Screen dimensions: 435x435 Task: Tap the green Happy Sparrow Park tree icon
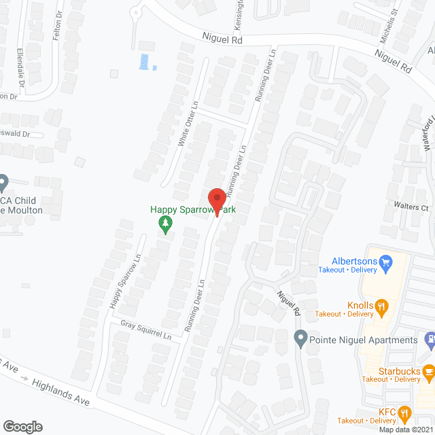[164, 222]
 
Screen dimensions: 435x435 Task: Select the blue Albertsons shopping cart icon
[386, 260]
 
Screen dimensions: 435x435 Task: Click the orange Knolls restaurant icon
[383, 305]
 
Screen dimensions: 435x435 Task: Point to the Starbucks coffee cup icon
[428, 371]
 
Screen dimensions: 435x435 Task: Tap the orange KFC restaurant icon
[404, 412]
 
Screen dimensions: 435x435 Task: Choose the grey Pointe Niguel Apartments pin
[300, 337]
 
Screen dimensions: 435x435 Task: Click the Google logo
[22, 426]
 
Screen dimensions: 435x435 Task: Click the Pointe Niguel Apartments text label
[363, 340]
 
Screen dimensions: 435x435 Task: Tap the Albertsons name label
[353, 260]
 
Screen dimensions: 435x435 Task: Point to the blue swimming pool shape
[144, 62]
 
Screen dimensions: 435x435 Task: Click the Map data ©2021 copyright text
[406, 430]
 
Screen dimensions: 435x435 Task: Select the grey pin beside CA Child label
[3, 181]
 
